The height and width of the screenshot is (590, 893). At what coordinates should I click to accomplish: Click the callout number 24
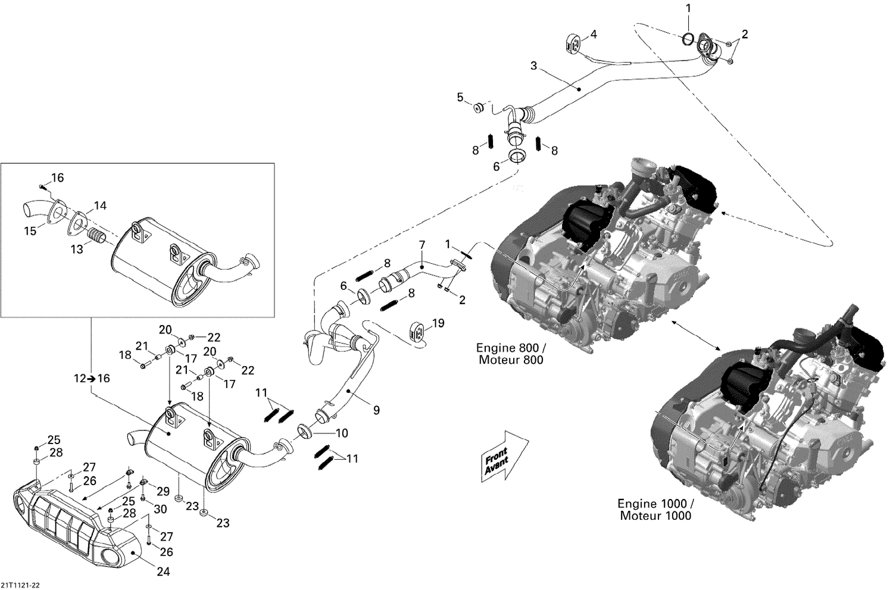pyautogui.click(x=163, y=572)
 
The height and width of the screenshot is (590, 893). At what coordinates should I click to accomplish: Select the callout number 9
pyautogui.click(x=376, y=410)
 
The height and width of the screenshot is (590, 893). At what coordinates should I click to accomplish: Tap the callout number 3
pyautogui.click(x=533, y=65)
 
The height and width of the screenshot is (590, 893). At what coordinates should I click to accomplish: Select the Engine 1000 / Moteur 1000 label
pyautogui.click(x=655, y=509)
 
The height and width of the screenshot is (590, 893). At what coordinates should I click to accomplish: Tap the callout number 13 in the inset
pyautogui.click(x=77, y=250)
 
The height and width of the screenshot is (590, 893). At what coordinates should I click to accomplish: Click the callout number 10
pyautogui.click(x=342, y=433)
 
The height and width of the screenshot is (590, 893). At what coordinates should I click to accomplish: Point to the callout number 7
pyautogui.click(x=421, y=244)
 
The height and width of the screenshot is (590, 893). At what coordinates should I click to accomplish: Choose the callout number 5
pyautogui.click(x=460, y=96)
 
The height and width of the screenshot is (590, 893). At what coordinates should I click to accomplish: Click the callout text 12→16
pyautogui.click(x=92, y=378)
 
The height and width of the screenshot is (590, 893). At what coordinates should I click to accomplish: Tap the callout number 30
pyautogui.click(x=161, y=510)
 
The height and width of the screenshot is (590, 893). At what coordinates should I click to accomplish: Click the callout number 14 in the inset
pyautogui.click(x=99, y=205)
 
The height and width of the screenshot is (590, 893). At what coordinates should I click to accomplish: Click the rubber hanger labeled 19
pyautogui.click(x=418, y=333)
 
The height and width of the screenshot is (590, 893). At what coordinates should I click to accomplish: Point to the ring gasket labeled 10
pyautogui.click(x=304, y=430)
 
